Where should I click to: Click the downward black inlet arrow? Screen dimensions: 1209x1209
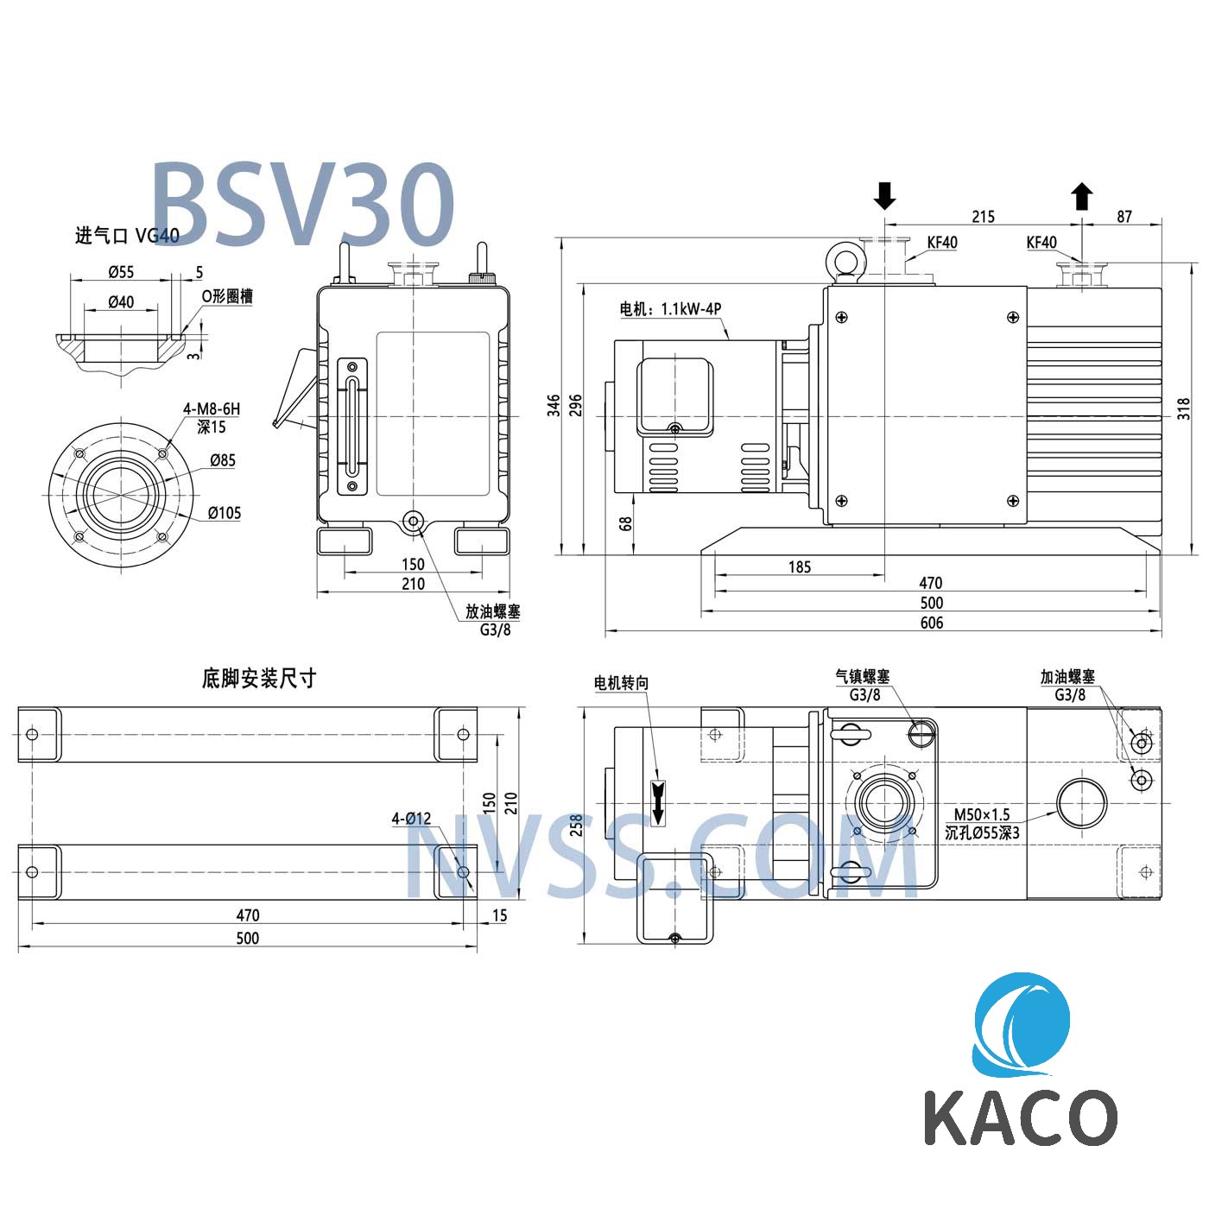click(x=884, y=196)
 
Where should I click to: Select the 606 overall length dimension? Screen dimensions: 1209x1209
click(x=931, y=623)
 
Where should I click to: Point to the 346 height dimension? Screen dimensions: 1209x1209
click(x=554, y=405)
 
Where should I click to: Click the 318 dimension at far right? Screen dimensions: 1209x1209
click(x=1184, y=408)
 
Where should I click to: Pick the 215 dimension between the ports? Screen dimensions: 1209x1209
click(x=983, y=217)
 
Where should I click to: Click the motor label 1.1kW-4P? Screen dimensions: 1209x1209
click(x=670, y=308)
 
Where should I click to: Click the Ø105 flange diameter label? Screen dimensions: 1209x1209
click(x=225, y=513)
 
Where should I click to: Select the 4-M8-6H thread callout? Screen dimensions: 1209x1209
click(x=211, y=408)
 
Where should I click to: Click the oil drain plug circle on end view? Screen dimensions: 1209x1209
click(x=413, y=521)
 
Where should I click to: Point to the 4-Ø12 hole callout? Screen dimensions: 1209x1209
click(x=411, y=818)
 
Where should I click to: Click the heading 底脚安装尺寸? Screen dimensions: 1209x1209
click(x=258, y=678)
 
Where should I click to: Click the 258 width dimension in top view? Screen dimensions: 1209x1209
click(x=576, y=826)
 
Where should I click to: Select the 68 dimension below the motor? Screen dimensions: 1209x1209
click(x=626, y=522)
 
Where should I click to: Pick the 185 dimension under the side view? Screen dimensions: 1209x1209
click(x=800, y=567)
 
